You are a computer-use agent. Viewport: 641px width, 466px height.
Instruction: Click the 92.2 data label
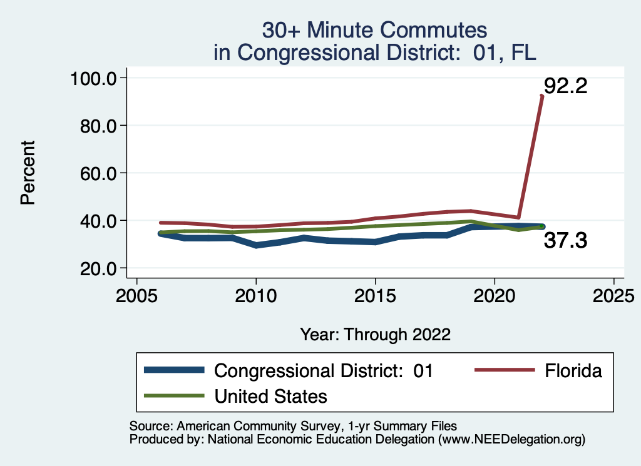click(x=565, y=85)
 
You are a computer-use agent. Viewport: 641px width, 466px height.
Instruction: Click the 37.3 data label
click(x=565, y=240)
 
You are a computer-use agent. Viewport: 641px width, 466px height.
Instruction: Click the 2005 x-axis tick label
click(x=136, y=295)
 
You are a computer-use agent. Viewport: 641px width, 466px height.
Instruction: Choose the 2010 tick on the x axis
click(x=256, y=295)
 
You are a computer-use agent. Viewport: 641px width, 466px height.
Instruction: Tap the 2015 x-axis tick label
click(x=375, y=295)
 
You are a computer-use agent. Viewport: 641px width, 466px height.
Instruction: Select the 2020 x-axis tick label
click(x=495, y=295)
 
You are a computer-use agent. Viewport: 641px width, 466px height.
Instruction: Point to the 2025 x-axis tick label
click(x=613, y=295)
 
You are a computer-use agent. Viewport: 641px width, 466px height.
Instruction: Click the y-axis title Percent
click(x=26, y=173)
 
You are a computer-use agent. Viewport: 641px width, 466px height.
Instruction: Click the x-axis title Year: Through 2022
click(x=375, y=334)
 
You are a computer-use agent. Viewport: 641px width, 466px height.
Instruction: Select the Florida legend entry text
click(x=573, y=371)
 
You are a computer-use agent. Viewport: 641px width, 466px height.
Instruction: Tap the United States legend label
click(x=270, y=396)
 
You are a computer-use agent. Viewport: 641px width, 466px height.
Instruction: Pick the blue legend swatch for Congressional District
click(x=174, y=370)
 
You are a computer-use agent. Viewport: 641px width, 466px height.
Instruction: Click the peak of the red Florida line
click(x=542, y=96)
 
